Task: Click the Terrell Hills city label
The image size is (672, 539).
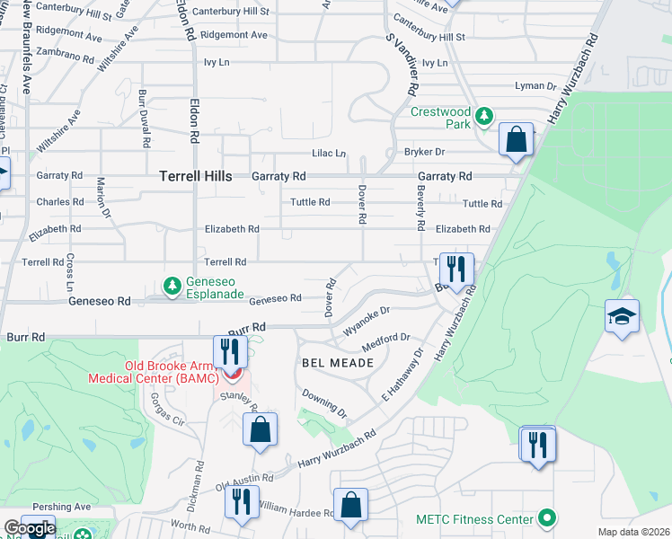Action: pos(196,177)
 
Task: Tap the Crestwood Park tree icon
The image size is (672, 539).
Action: pos(484,116)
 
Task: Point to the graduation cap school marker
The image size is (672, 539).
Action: pos(622,316)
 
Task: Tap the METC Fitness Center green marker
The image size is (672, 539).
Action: pos(545,518)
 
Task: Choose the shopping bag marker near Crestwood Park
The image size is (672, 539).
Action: pos(516,139)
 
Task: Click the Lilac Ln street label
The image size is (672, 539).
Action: pos(329,154)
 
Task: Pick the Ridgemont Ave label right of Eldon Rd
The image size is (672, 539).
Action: pos(234,35)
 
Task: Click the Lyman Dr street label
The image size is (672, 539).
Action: pos(536,86)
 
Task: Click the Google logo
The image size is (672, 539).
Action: pos(29,528)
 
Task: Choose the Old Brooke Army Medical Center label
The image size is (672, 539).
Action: pos(153,372)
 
